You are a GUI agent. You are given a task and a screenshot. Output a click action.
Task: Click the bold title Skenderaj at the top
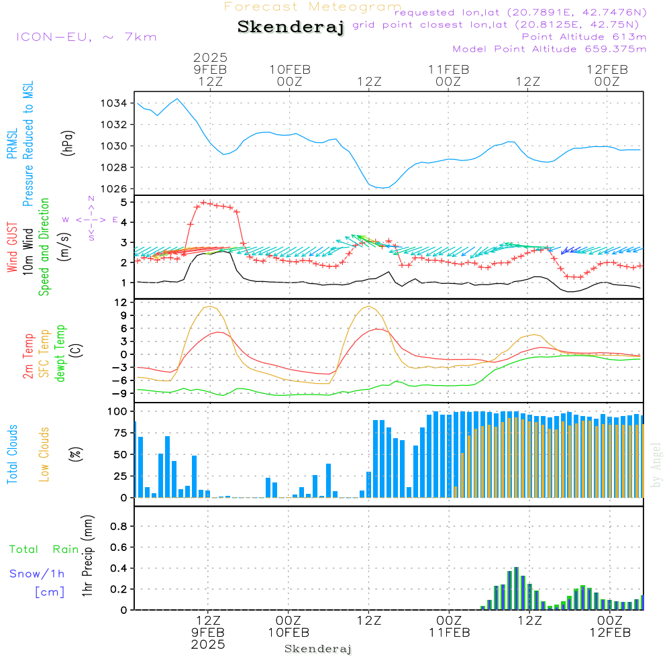point(291,28)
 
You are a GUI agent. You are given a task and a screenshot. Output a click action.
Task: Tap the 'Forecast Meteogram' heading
point(312,7)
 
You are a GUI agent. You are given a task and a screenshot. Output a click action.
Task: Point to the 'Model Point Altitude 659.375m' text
point(550,49)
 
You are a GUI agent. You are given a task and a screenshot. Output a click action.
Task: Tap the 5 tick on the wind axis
point(124,202)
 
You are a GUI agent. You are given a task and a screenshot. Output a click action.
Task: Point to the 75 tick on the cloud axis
point(119,433)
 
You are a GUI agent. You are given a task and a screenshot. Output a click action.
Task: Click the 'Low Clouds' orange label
point(45,454)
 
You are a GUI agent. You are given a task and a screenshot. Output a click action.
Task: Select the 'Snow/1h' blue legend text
point(37,574)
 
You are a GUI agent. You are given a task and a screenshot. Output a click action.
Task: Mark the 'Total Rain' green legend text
point(44,549)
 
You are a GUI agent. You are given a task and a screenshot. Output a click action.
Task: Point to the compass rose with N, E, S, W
point(91,219)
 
